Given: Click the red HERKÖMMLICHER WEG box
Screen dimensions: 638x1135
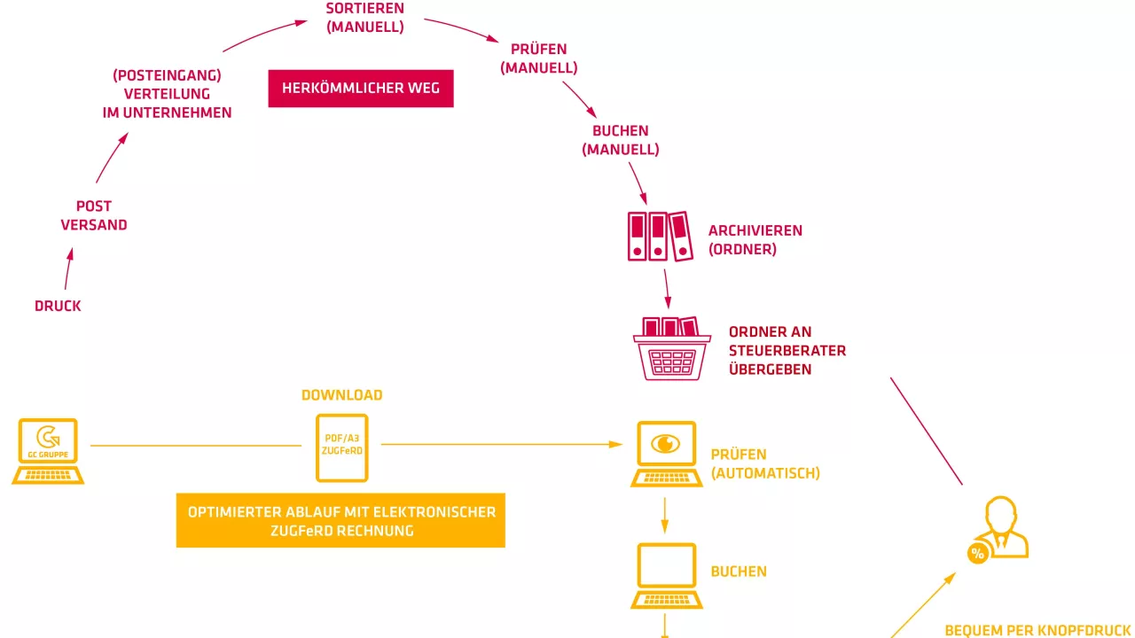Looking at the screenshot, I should pos(360,89).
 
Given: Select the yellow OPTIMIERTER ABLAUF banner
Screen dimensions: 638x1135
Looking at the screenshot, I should pos(340,521).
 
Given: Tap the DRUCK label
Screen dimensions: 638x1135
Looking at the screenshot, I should pos(58,306).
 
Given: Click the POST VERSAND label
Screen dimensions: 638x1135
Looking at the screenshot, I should pos(94,216).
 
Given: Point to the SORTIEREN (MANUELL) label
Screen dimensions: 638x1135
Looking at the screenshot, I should pos(365,18).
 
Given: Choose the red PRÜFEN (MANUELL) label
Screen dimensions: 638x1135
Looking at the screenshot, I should pos(538,58).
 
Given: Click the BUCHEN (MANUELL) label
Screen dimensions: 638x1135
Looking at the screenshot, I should pos(621,140).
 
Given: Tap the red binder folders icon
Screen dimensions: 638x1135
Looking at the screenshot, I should pos(659,237).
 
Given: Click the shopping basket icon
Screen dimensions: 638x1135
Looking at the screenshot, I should pos(671,349).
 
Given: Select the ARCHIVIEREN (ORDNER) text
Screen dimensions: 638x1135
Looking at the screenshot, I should pos(755,240).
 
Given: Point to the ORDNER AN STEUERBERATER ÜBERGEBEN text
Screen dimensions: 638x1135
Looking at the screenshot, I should pos(787,351).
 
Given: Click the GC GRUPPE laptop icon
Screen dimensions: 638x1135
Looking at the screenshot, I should pos(48,451).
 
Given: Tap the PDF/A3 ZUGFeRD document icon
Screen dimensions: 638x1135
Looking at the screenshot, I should pos(342,447).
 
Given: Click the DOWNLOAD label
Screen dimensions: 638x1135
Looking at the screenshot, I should pos(342,395).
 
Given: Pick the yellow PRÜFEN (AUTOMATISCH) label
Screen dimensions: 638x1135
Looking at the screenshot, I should pos(764,464).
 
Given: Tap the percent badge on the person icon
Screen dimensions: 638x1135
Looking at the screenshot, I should pos(977,555).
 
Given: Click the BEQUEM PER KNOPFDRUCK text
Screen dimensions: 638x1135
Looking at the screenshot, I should pos(1037,631).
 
